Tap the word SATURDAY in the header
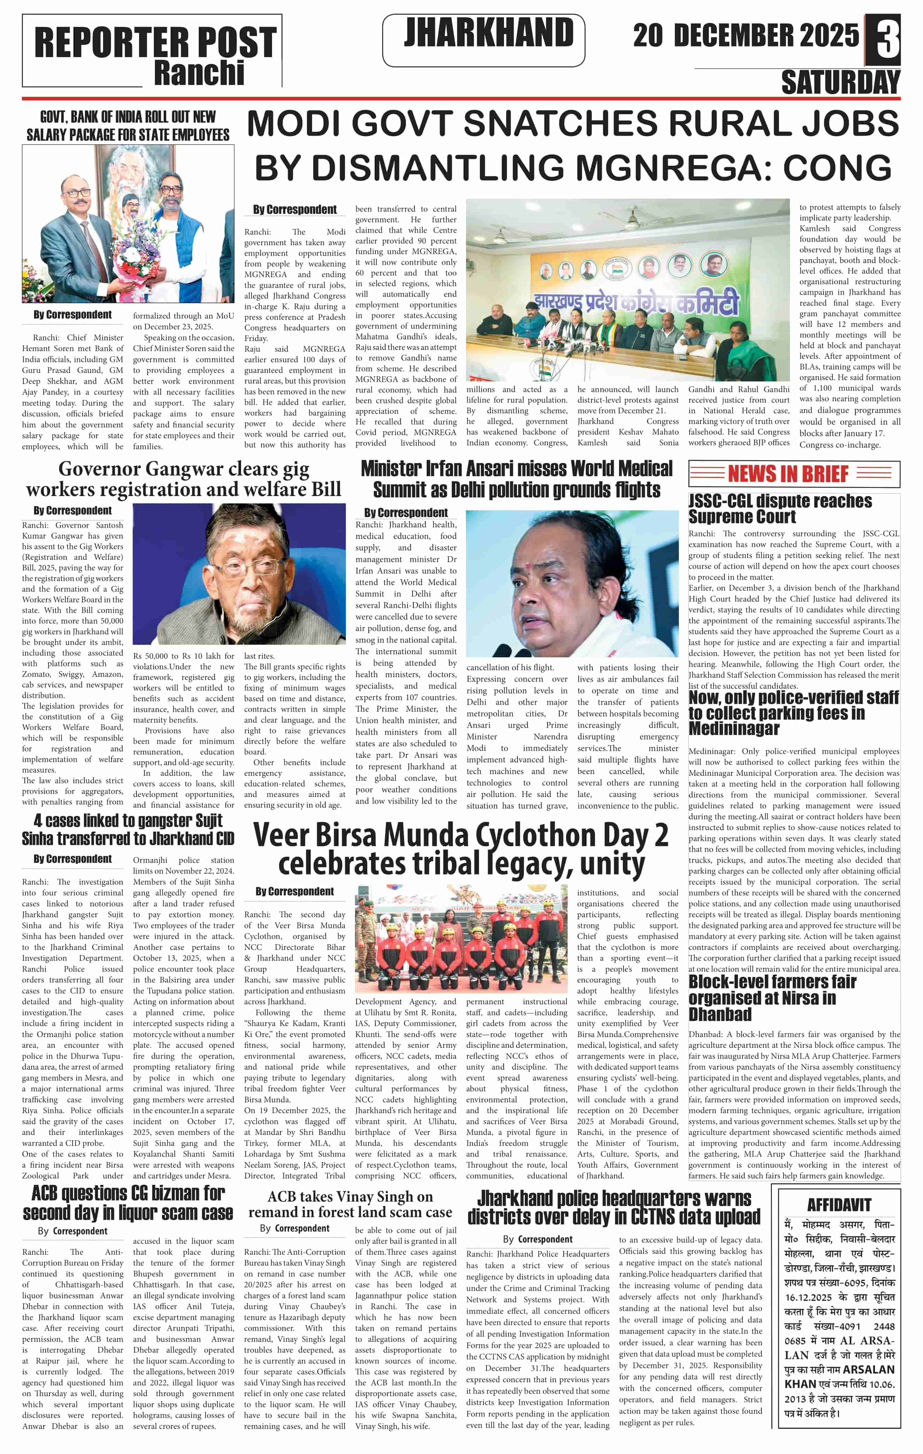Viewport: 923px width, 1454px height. [x=840, y=83]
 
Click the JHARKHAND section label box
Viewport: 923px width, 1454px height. [x=483, y=40]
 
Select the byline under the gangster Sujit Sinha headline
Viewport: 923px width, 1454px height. [x=72, y=859]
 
